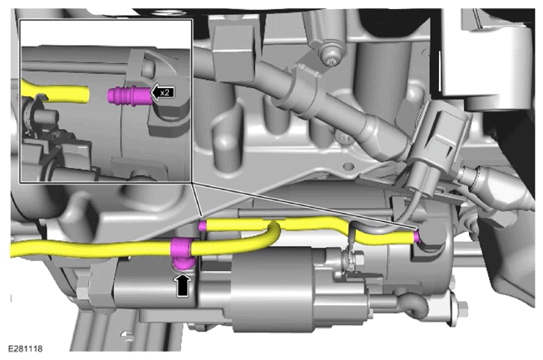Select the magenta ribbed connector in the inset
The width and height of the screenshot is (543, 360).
(x=130, y=96)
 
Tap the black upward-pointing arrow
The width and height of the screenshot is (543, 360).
(x=183, y=285)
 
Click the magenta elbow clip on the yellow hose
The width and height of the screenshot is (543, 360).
(x=181, y=254)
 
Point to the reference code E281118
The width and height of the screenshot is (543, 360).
(x=25, y=348)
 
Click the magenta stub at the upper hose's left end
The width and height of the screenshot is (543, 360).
(x=203, y=225)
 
